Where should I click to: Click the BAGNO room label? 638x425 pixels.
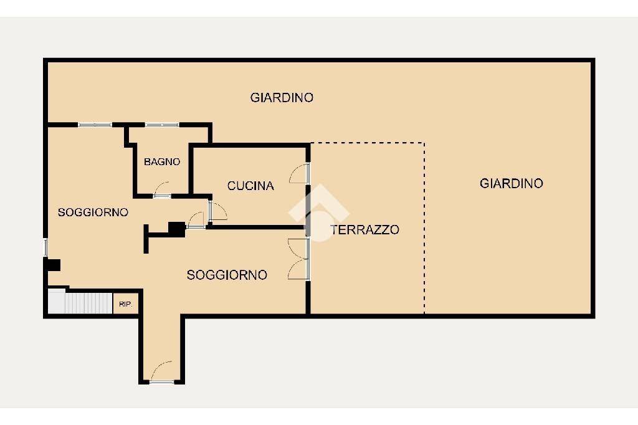pos(162,162)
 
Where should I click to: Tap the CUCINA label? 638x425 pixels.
pos(250,186)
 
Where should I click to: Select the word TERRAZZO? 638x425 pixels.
pos(364,230)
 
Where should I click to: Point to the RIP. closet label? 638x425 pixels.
pos(126,305)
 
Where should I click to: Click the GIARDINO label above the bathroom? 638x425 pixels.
pos(282,98)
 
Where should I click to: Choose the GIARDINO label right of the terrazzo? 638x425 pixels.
pos(512,183)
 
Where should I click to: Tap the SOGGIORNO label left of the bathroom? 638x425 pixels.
pos(93,212)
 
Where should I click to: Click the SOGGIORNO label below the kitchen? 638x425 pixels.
pos(227,275)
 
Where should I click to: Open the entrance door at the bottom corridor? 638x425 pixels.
pos(162,373)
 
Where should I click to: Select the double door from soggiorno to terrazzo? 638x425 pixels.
pos(300,258)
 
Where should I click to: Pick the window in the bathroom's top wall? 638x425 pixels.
pos(162,125)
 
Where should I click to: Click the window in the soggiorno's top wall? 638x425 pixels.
pos(95,125)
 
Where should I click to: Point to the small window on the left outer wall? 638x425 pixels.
pos(45,247)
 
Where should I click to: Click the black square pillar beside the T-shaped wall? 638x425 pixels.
pos(176,229)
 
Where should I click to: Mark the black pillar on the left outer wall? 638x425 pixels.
pos(51,265)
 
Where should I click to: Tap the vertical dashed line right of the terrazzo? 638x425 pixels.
pos(424,227)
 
